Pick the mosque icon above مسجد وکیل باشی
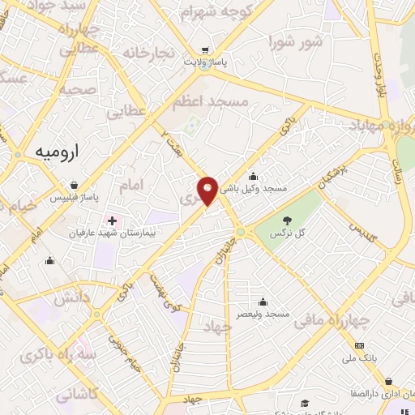click(254, 176)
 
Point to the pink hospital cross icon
click(111, 220)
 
